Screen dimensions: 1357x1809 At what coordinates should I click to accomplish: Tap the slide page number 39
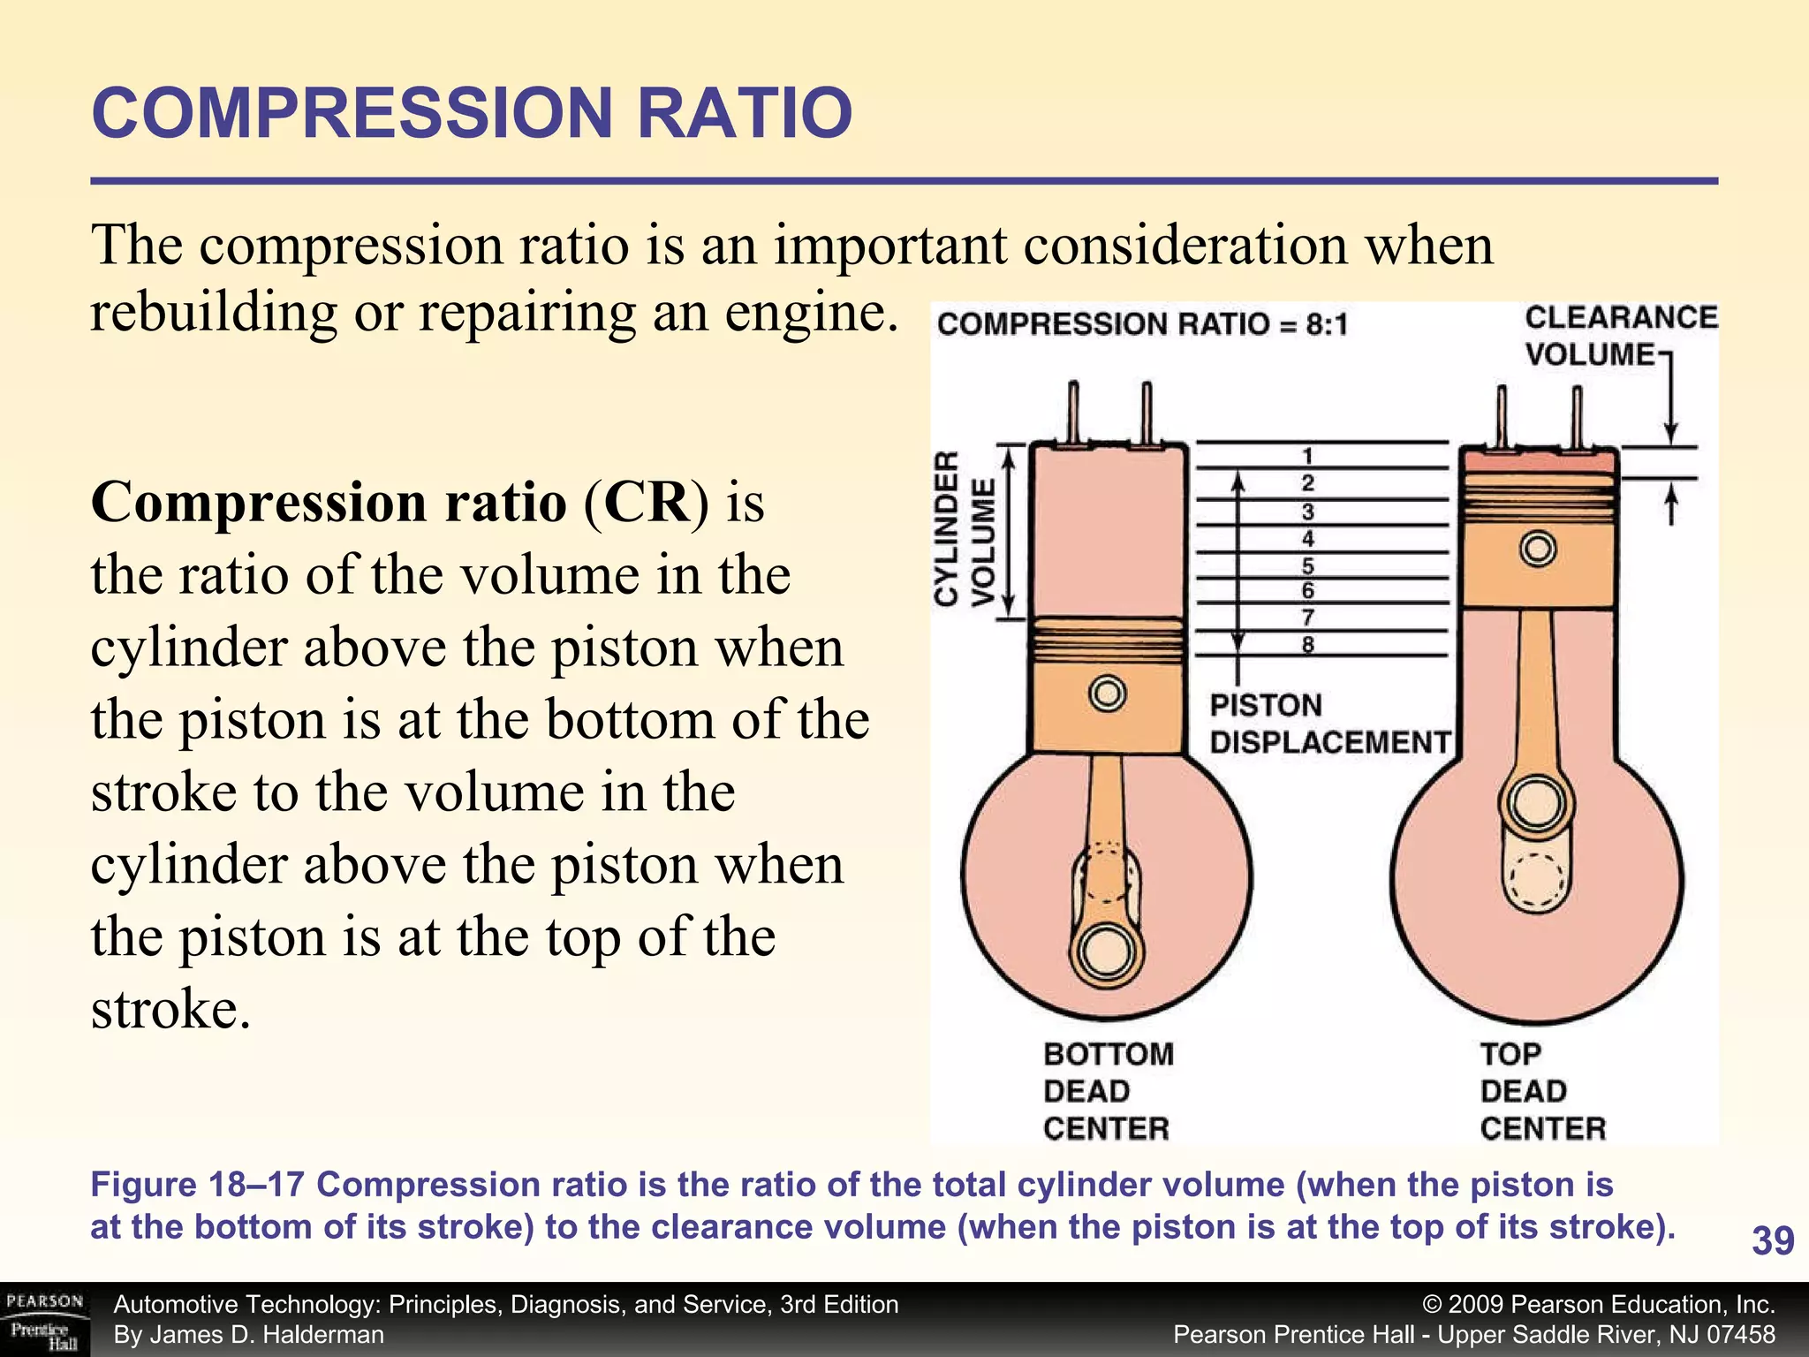[x=1773, y=1240]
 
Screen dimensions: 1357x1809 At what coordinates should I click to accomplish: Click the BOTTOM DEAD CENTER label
[x=1108, y=1091]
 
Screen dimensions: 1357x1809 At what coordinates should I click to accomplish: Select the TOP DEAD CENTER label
[x=1542, y=1091]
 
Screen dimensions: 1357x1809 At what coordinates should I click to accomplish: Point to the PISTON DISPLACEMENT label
[x=1329, y=724]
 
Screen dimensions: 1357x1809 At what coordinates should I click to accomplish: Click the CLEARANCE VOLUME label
[x=1620, y=336]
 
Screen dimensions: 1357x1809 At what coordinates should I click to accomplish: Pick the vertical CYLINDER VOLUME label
[x=965, y=529]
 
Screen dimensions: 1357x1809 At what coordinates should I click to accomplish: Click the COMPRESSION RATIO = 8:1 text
[x=1142, y=324]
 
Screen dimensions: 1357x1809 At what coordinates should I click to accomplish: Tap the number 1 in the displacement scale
[x=1307, y=456]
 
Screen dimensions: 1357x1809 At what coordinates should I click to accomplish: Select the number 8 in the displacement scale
[x=1307, y=645]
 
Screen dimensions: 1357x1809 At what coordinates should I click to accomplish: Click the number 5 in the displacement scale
[x=1307, y=565]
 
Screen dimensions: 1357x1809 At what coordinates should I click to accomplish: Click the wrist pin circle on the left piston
[x=1107, y=693]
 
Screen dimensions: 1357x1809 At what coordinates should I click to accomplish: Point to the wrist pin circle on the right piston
[x=1538, y=550]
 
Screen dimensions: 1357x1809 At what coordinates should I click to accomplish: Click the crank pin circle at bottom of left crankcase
[x=1106, y=952]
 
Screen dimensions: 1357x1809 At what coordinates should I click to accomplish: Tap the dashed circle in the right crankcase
[x=1537, y=881]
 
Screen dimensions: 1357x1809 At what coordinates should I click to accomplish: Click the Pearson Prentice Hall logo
[x=44, y=1320]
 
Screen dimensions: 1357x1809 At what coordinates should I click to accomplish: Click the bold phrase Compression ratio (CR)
[x=399, y=503]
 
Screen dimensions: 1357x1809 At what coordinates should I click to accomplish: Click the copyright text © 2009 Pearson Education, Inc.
[x=1599, y=1305]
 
